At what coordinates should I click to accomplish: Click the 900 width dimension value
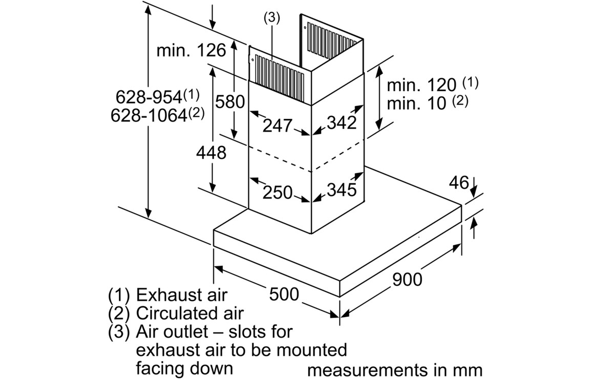point(407,280)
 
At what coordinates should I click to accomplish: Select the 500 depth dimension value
point(284,294)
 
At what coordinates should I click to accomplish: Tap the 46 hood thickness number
point(459,183)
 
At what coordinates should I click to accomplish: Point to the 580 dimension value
point(230,101)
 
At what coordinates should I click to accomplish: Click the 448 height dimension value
point(211,153)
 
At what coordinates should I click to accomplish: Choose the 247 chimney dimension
point(278,125)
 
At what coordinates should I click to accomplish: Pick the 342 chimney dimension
point(342,122)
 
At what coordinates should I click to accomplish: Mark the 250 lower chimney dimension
point(278,193)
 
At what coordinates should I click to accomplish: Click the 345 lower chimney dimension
point(342,189)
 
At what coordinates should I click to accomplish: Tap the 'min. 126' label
point(191,50)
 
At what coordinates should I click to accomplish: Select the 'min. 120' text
point(421,85)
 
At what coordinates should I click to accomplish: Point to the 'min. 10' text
point(416,103)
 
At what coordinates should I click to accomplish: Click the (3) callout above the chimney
point(272,18)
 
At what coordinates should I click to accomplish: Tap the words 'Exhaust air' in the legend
point(182,294)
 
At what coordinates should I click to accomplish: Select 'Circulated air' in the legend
point(190,313)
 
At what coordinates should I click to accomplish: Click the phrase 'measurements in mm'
point(395,370)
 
